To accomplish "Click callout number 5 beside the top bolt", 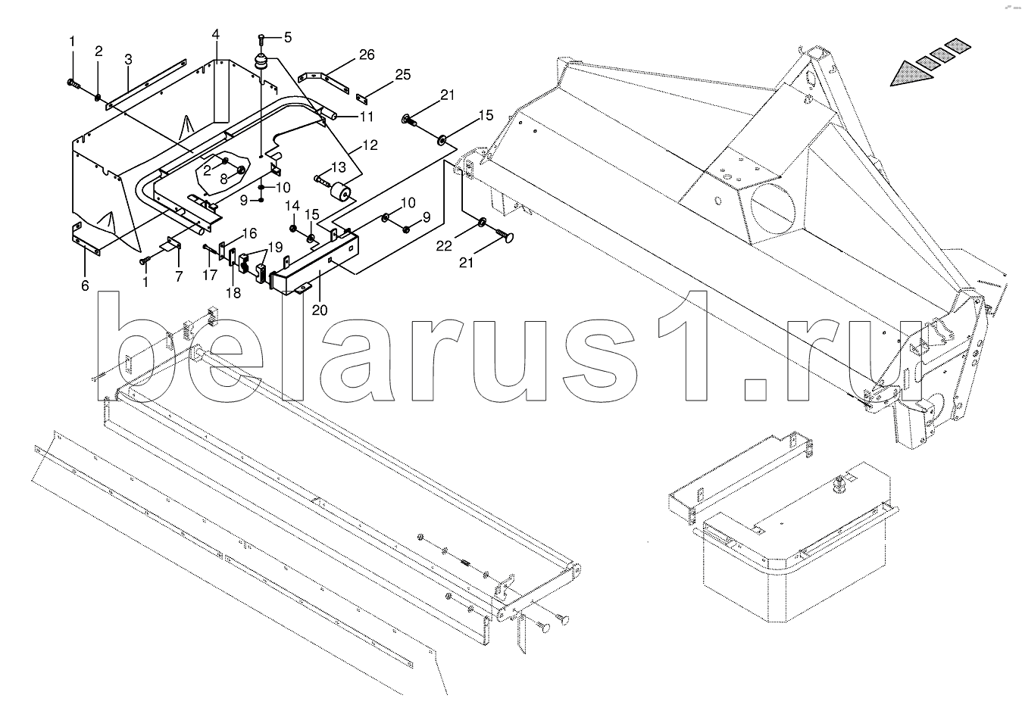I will (x=287, y=36).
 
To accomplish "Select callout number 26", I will (x=367, y=55).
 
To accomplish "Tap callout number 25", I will (x=402, y=74).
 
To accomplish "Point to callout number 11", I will (x=367, y=117).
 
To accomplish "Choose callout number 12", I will (x=369, y=145).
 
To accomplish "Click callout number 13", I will (x=337, y=167).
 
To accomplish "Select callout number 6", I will (x=85, y=285).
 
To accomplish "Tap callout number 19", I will (x=274, y=245).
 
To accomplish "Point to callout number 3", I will (x=128, y=58).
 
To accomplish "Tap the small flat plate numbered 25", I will (x=361, y=98).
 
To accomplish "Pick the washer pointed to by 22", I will (x=482, y=223).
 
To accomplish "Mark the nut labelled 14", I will (x=294, y=228).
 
